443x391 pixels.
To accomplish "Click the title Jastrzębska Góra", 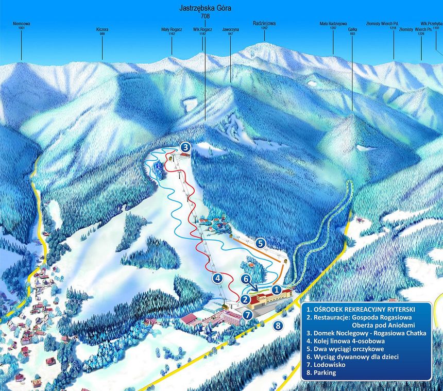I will point(205,8).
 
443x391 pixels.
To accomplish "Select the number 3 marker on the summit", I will point(185,147).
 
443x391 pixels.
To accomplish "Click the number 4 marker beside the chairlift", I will point(218,278).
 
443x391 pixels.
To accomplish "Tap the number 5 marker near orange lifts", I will point(261,242).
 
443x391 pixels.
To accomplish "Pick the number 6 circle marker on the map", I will point(247,279).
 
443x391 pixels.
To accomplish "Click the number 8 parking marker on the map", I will point(278,325).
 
